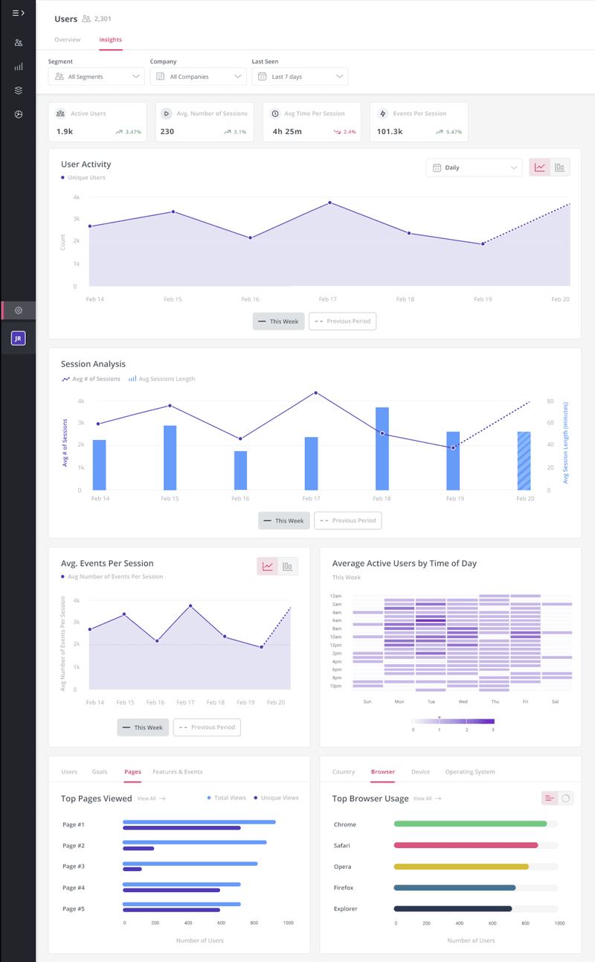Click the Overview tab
point(68,39)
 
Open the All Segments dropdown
point(96,77)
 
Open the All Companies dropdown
point(198,77)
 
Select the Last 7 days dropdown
point(300,77)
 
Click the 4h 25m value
point(287,132)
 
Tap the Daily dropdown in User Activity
point(474,168)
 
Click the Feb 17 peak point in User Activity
point(330,203)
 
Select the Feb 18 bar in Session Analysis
point(382,448)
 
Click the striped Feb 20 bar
point(524,461)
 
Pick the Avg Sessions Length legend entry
point(162,379)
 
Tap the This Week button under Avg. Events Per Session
point(143,727)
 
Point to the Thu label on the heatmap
point(495,701)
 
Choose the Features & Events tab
point(177,772)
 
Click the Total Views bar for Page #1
point(199,822)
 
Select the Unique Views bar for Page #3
point(132,870)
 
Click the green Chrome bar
point(470,824)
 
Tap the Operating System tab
point(469,772)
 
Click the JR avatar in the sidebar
point(19,339)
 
